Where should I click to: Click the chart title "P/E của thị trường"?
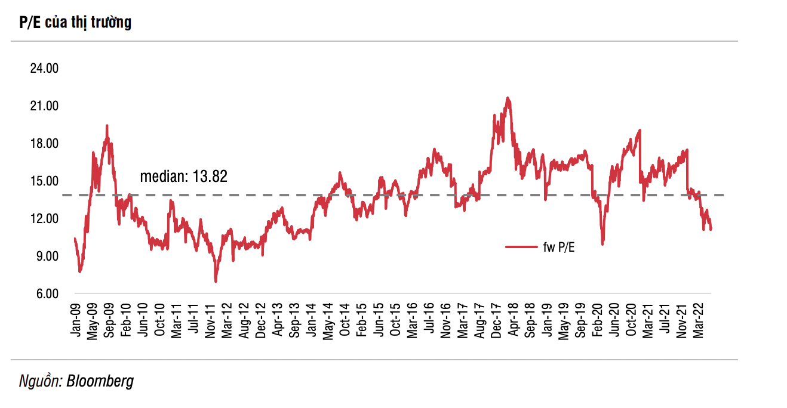point(75,23)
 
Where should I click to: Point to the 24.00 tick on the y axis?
point(44,68)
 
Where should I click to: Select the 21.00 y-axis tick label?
point(44,106)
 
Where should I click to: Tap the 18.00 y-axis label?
point(44,143)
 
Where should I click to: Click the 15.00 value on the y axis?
point(44,181)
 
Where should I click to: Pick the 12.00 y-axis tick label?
point(44,218)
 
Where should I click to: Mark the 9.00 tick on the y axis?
point(46,256)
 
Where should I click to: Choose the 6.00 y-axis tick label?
point(46,293)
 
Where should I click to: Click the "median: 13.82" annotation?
point(184,177)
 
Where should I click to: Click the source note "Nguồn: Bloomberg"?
point(76,381)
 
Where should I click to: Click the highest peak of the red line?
point(508,98)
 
